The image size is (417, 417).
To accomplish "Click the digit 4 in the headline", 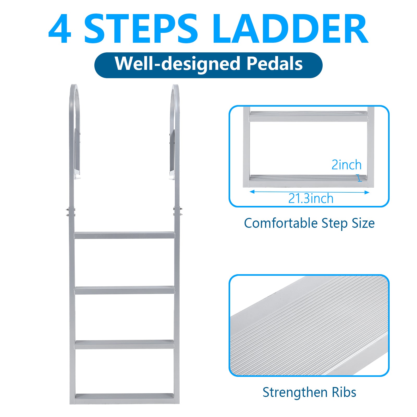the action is click(60, 28).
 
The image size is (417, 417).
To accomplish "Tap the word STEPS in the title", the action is click(141, 28).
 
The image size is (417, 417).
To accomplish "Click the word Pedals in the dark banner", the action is click(274, 64).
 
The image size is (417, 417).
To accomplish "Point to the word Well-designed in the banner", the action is click(177, 64).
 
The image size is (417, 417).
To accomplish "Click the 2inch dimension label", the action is click(346, 165).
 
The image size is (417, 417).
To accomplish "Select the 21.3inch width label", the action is click(311, 199).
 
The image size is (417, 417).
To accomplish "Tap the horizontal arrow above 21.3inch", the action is click(309, 192).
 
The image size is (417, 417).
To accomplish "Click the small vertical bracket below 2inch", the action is click(360, 178).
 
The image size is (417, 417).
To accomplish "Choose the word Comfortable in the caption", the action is click(281, 223).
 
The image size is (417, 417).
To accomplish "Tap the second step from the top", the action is click(124, 290).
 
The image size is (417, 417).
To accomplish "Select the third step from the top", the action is click(124, 345).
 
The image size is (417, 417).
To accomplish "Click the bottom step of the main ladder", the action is click(124, 399).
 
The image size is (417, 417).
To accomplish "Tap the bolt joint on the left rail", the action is click(71, 212).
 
